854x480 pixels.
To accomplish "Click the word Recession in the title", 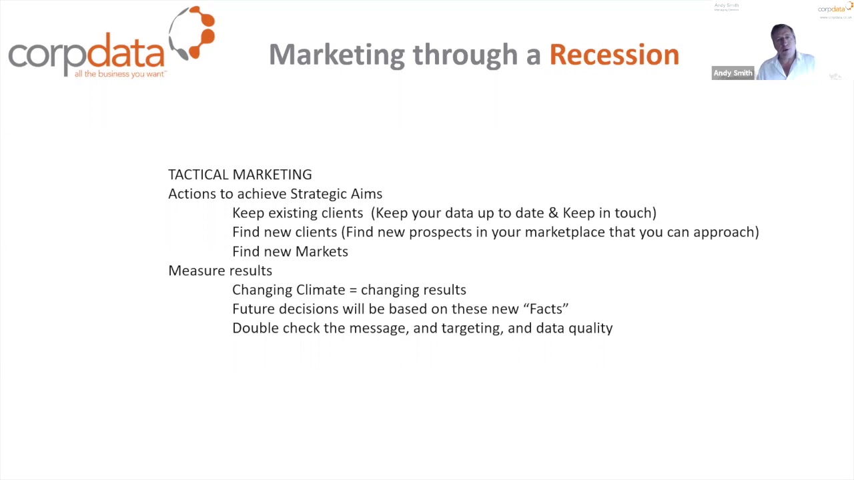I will point(614,55).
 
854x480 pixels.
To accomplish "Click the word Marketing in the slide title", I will point(337,55).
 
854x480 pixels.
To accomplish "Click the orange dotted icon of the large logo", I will point(193,33).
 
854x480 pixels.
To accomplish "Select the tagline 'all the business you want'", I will point(120,74).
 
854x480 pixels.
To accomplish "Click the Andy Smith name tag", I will point(733,73).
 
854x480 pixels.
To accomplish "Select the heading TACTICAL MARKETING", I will point(240,175).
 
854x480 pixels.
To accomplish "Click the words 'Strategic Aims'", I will point(336,194).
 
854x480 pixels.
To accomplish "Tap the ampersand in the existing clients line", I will point(553,213).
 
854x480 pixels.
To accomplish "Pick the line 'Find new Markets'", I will point(290,251).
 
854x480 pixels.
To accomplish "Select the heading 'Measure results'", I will point(220,271).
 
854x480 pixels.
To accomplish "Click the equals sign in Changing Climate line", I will point(353,290).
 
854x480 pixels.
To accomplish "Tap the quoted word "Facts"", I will point(546,309).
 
